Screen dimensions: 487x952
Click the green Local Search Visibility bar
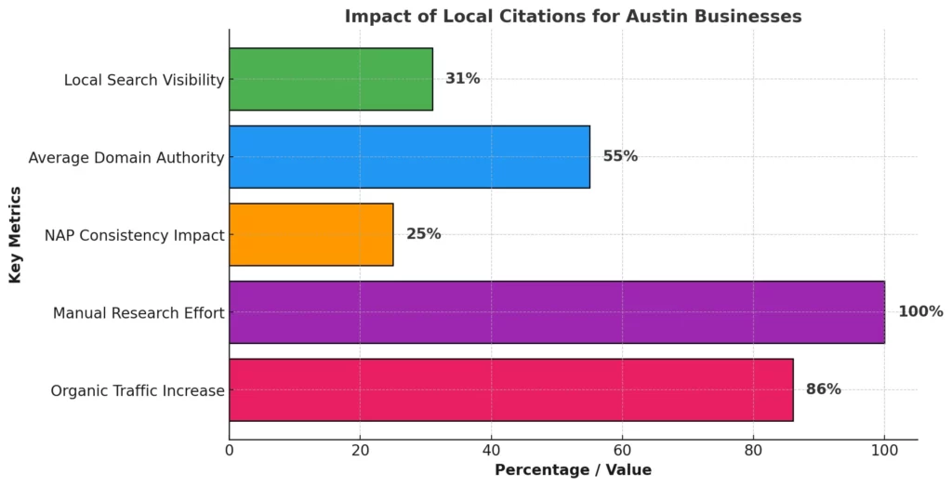click(x=330, y=79)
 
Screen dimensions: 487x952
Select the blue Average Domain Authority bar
click(x=409, y=156)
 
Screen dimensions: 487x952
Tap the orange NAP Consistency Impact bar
click(x=311, y=234)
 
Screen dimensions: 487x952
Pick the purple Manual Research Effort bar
click(x=556, y=312)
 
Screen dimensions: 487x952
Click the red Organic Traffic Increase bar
click(x=510, y=389)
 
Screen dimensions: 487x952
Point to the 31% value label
click(x=463, y=79)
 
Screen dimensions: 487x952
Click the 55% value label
click(x=620, y=156)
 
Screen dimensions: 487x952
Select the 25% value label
click(x=423, y=234)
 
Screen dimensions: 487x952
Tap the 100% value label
click(x=920, y=312)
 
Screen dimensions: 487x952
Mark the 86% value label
click(x=823, y=389)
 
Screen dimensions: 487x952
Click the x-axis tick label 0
click(x=230, y=450)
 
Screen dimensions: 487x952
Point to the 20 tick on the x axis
click(x=360, y=450)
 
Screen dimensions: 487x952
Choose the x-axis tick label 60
click(x=622, y=450)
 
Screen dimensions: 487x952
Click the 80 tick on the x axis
click(x=753, y=450)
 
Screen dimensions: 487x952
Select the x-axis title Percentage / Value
click(x=573, y=470)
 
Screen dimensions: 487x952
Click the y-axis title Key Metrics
click(x=16, y=234)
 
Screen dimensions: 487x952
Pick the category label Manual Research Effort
click(x=139, y=313)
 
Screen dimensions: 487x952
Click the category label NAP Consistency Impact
click(x=135, y=235)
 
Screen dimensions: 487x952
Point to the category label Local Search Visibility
click(x=144, y=80)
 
